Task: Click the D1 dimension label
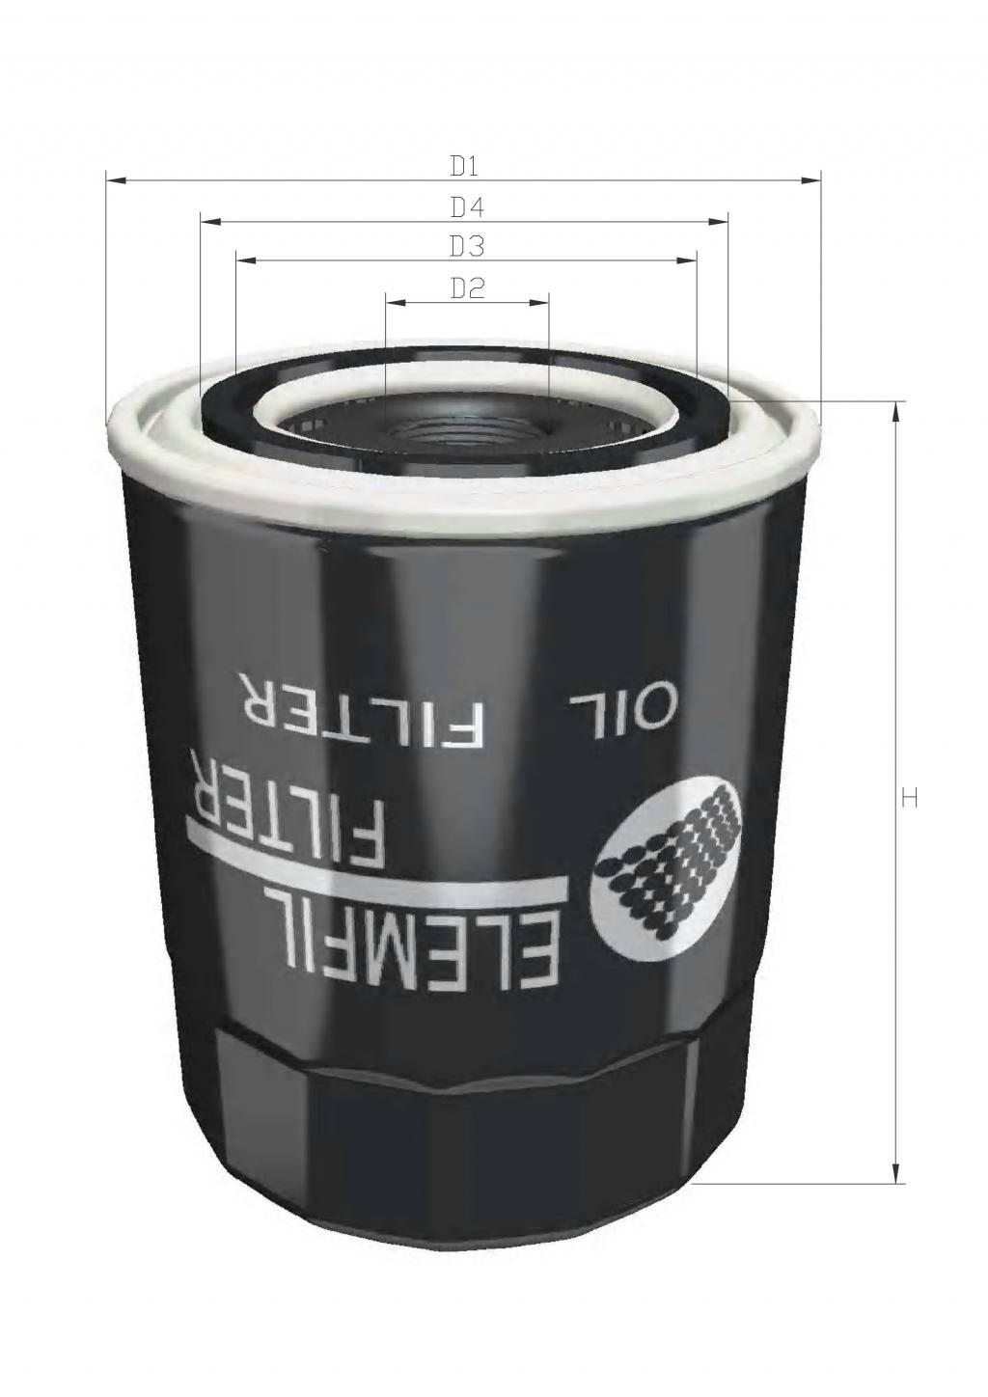point(465,166)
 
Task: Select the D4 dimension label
point(466,206)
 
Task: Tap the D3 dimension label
point(466,247)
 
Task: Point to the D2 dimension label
point(466,288)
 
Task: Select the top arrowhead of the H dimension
point(898,410)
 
